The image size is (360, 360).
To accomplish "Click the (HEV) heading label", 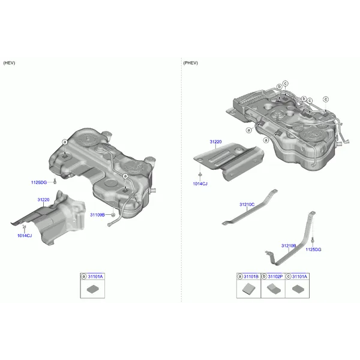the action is click(9, 63).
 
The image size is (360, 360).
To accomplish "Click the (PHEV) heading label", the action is click(190, 63).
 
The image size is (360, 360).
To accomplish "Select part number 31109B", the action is click(97, 215).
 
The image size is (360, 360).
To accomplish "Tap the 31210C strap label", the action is click(247, 205).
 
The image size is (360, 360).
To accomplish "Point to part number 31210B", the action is click(289, 245).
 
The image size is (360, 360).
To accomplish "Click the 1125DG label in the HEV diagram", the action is click(39, 182).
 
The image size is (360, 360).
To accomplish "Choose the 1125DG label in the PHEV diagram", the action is click(313, 250).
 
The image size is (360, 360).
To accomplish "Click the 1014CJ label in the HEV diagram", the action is click(25, 236).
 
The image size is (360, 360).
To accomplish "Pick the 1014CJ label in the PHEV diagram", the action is click(200, 184).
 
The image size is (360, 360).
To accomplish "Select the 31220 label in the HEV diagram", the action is click(43, 200).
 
